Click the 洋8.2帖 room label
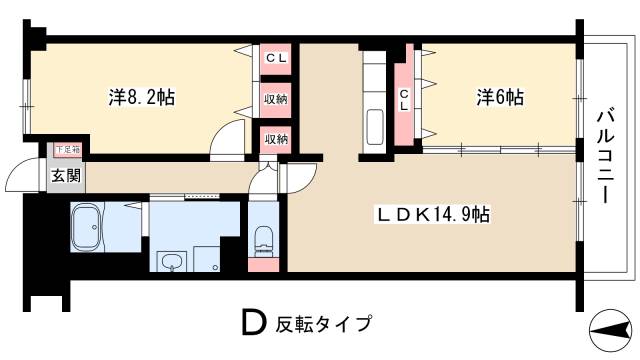coord(141,98)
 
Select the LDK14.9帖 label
coord(432,213)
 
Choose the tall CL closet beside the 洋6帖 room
coord(404,100)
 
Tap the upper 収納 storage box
coord(276,99)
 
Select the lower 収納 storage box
coord(276,138)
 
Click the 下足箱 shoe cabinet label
coord(67,149)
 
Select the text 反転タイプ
coord(326,325)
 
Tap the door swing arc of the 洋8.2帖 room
coord(230,138)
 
